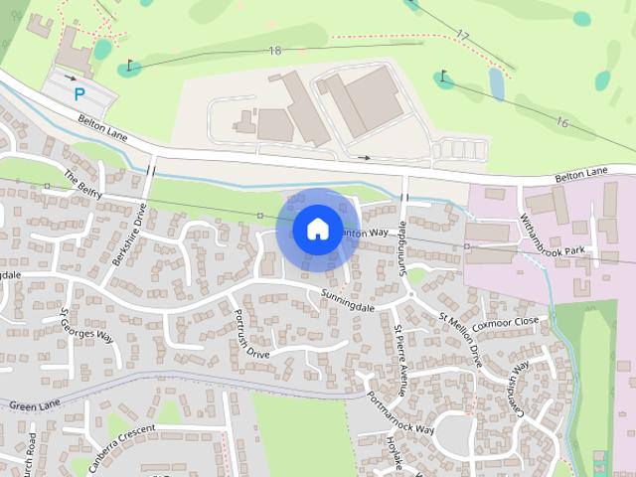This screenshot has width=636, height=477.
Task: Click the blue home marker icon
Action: [x=316, y=230]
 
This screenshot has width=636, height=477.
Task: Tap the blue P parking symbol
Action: [x=79, y=94]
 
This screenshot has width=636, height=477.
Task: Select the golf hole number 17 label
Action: [x=462, y=35]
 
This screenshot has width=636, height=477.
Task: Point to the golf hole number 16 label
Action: [x=562, y=122]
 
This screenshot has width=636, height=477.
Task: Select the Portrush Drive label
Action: [x=249, y=335]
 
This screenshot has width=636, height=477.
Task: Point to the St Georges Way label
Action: [x=87, y=325]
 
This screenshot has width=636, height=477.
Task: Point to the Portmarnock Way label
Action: [x=400, y=407]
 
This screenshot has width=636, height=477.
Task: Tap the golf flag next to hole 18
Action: [x=130, y=66]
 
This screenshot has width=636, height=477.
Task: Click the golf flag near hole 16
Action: [x=443, y=76]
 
